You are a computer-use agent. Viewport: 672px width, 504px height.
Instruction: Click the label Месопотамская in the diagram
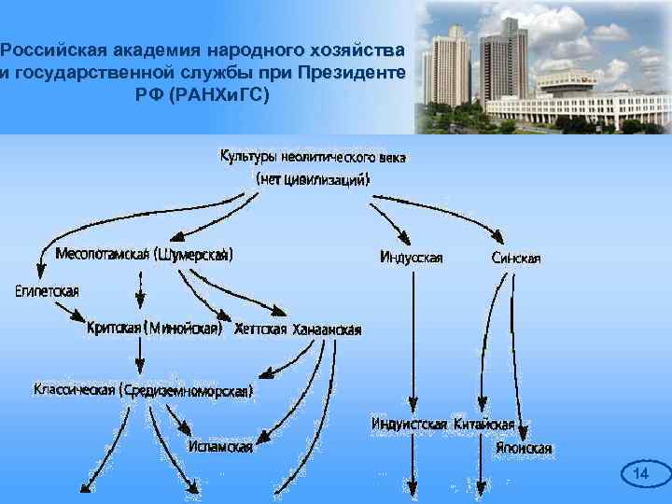[102, 254]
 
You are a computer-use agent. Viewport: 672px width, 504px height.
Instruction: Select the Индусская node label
[412, 258]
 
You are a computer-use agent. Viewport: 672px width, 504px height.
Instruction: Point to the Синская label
[515, 258]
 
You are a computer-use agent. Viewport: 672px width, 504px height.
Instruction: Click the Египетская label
[47, 291]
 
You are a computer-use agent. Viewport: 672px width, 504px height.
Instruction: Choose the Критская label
[114, 328]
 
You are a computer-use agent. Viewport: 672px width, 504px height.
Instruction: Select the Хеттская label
[260, 329]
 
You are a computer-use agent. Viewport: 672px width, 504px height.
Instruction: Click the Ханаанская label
[327, 329]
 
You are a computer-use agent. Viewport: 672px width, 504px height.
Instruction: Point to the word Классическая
[75, 389]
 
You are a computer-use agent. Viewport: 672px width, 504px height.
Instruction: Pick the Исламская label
[220, 447]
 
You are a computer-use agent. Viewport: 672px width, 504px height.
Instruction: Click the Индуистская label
[409, 424]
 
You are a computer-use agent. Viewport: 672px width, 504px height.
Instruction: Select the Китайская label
[483, 424]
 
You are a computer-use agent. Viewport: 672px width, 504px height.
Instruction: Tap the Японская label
[524, 448]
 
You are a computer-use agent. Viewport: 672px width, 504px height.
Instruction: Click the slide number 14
[640, 475]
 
